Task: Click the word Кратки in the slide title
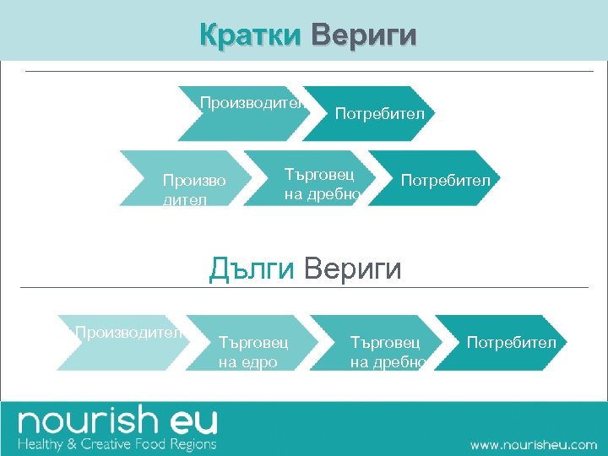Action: coord(250,35)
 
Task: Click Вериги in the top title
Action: coord(363,35)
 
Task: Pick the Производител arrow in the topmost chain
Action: coord(245,113)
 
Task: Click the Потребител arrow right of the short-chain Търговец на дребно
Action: coord(436,178)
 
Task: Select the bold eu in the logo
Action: coord(192,421)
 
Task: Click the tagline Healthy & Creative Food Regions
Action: coord(117,443)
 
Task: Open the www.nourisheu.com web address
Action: coord(533,444)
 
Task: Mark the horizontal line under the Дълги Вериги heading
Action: coord(304,288)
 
